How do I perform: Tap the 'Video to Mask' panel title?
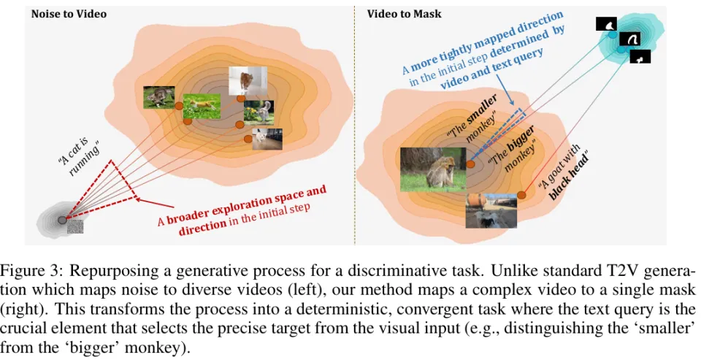[394, 14]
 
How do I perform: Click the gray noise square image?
[75, 228]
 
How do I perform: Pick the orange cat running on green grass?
[201, 107]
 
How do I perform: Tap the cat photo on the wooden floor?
[267, 139]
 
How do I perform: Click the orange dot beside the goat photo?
[521, 194]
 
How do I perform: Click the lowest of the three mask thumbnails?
[640, 56]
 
